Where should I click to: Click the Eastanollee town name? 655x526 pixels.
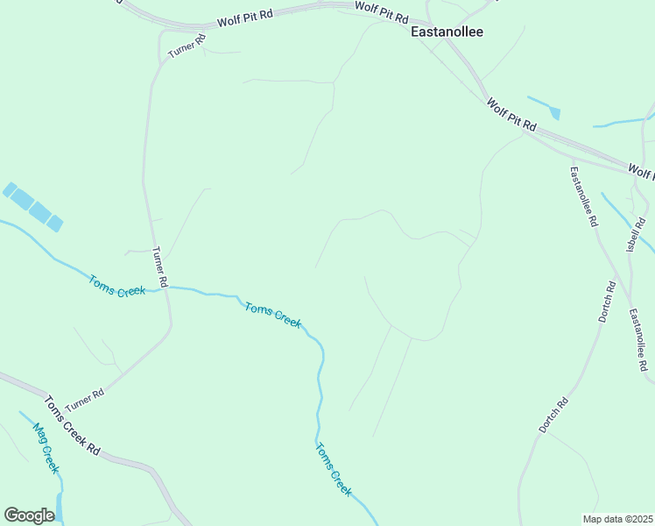click(447, 32)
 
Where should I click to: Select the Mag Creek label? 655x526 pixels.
click(45, 448)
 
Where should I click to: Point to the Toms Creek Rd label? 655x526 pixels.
click(72, 426)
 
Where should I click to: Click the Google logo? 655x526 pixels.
click(29, 515)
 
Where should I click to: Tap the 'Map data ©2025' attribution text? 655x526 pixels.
click(617, 519)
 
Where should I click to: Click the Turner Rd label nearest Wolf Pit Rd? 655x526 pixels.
click(187, 47)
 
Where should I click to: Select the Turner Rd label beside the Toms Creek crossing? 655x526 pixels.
click(159, 267)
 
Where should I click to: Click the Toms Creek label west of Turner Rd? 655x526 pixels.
click(116, 286)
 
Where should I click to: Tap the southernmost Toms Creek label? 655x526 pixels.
click(334, 469)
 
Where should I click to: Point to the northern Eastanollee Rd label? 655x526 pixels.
click(583, 196)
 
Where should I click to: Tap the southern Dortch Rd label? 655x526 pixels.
click(553, 415)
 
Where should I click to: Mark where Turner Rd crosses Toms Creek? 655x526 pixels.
click(166, 288)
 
